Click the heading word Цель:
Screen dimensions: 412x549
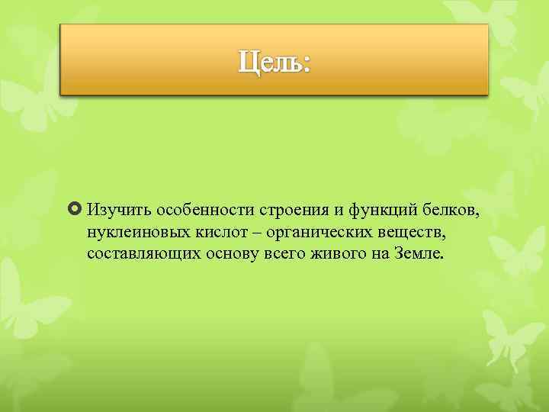tap(274, 61)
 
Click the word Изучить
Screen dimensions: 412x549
tap(113, 209)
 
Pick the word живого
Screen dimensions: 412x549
tap(341, 253)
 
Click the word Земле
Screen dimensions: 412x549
tap(417, 253)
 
